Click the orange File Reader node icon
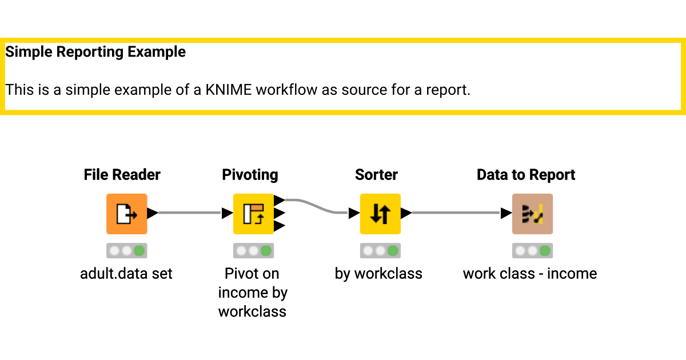pos(126,214)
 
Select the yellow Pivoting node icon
pos(253,214)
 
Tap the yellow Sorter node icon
pos(380,214)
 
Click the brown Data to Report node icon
pos(532,214)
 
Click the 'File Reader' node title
pos(122,175)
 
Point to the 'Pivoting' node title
pos(250,175)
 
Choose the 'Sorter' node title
pos(376,175)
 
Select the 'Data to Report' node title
pos(526,175)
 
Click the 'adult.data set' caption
pos(126,274)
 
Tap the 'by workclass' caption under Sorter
pos(378,274)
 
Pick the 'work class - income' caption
pos(530,274)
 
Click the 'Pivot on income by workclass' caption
pos(252,293)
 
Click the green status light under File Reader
pos(139,251)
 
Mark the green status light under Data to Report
pos(545,251)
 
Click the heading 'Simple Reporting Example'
pos(95,52)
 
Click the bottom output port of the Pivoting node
pos(279,226)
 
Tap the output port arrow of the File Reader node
pos(152,213)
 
